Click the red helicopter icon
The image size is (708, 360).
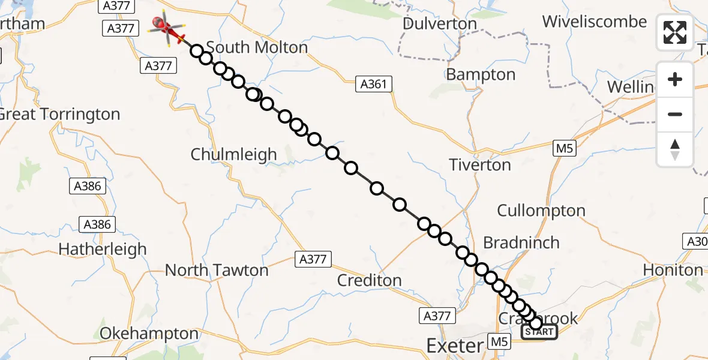point(167,28)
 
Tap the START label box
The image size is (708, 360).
point(539,332)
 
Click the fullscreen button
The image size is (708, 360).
point(675,32)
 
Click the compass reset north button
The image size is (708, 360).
point(675,149)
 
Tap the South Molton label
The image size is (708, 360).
point(257,47)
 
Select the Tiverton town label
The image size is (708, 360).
point(480,164)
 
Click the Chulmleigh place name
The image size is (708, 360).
point(233,154)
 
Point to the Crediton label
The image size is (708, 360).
point(369,280)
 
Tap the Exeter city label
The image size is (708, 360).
point(454,346)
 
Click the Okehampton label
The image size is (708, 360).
point(149,334)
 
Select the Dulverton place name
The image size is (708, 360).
point(440,24)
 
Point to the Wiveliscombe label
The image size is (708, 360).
point(595,22)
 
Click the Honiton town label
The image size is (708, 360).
point(673,271)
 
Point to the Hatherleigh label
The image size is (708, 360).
point(103,248)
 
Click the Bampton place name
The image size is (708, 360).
point(481,75)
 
